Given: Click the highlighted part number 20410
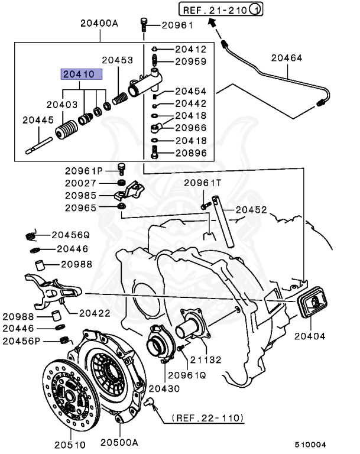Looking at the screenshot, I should [x=80, y=75].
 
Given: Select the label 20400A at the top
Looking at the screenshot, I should [x=99, y=24].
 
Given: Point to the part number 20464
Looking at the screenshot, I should [x=287, y=58].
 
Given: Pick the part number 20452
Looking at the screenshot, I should [x=252, y=209].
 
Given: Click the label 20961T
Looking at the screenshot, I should [x=204, y=183].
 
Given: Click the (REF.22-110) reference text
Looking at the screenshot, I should [x=207, y=418].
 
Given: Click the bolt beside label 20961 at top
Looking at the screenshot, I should [x=144, y=25].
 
